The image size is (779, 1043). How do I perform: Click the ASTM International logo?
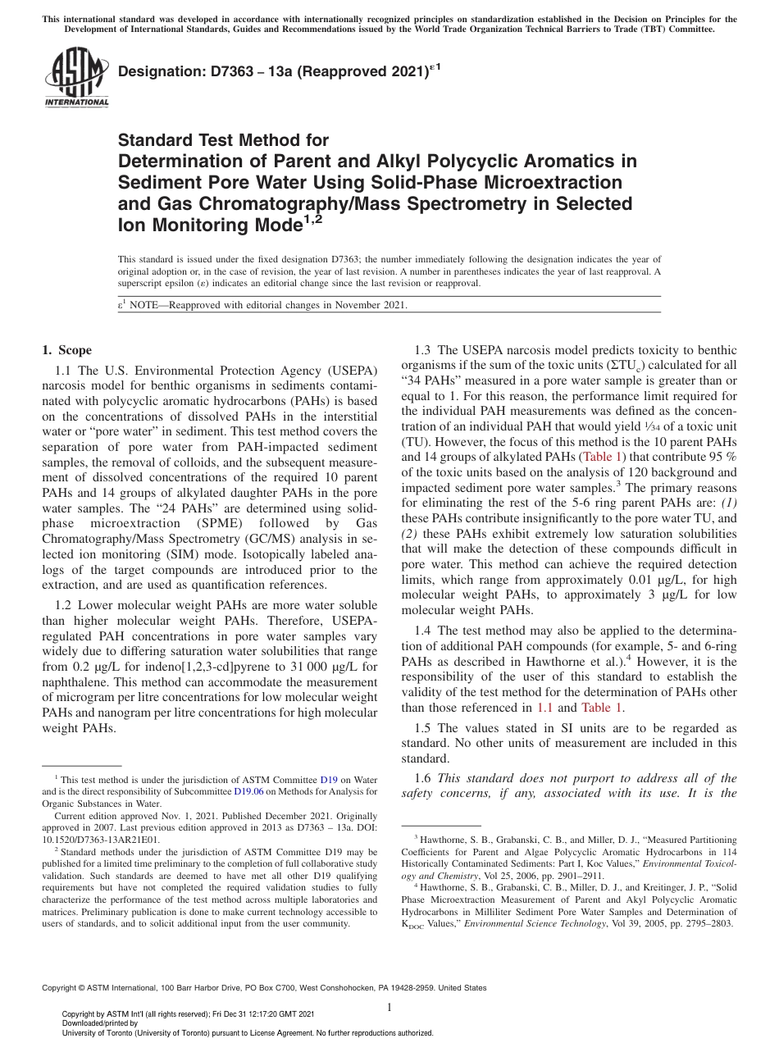pyautogui.click(x=76, y=78)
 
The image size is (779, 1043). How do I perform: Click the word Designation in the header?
pyautogui.click(x=158, y=72)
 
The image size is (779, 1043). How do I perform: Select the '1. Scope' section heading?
pyautogui.click(x=67, y=350)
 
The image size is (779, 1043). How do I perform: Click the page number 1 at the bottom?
pyautogui.click(x=389, y=1007)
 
